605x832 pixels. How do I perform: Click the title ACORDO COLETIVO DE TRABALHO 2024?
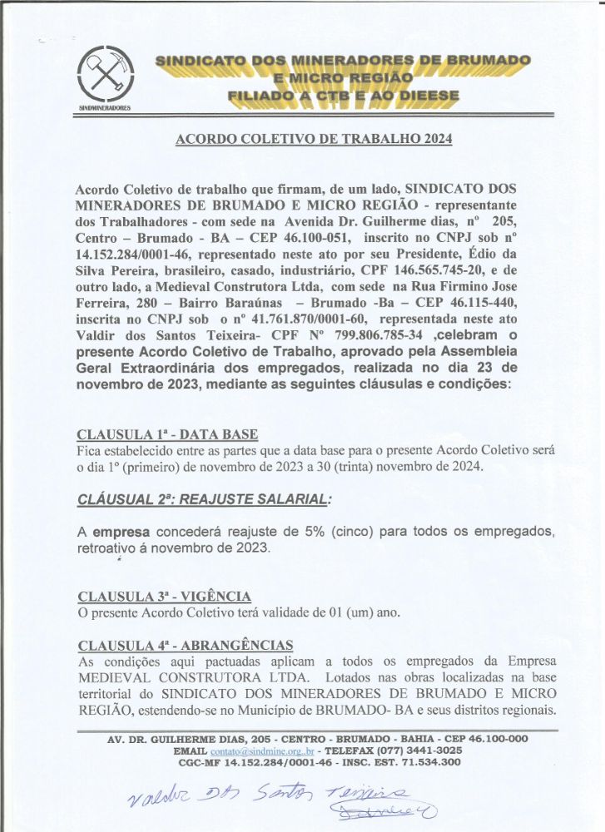coord(314,139)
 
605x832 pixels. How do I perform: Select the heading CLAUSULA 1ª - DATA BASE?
coord(166,434)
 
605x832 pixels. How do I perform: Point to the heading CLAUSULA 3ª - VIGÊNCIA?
coord(163,596)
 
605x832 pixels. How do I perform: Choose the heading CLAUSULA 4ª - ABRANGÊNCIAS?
coord(184,645)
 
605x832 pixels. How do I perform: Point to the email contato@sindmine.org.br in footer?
coord(249,750)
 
